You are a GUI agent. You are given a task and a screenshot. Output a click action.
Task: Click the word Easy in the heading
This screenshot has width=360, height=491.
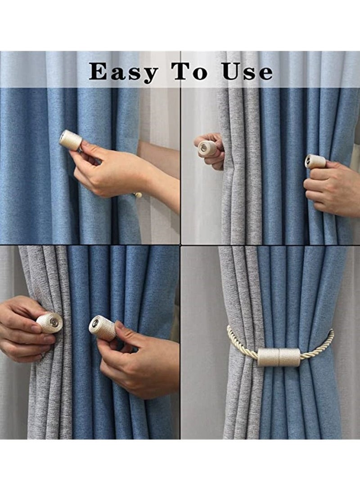click(123, 72)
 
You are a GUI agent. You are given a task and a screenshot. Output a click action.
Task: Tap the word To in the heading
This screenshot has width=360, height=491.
click(189, 72)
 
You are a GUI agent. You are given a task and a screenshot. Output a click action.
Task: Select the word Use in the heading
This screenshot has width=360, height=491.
click(247, 72)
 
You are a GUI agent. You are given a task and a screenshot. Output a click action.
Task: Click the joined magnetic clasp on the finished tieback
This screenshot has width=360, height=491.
click(279, 356)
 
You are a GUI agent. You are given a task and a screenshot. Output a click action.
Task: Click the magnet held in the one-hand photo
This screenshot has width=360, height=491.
click(71, 140)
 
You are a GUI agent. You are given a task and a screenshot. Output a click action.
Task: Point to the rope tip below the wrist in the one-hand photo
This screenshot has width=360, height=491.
click(138, 195)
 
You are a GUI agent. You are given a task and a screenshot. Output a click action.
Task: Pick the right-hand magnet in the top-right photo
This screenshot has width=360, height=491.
click(315, 161)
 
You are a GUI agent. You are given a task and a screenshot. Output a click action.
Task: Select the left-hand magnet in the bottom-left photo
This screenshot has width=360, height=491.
click(49, 323)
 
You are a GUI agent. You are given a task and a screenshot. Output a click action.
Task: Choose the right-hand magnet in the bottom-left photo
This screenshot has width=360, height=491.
click(103, 328)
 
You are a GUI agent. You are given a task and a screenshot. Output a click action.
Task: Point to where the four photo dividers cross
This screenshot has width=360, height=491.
click(180, 245)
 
